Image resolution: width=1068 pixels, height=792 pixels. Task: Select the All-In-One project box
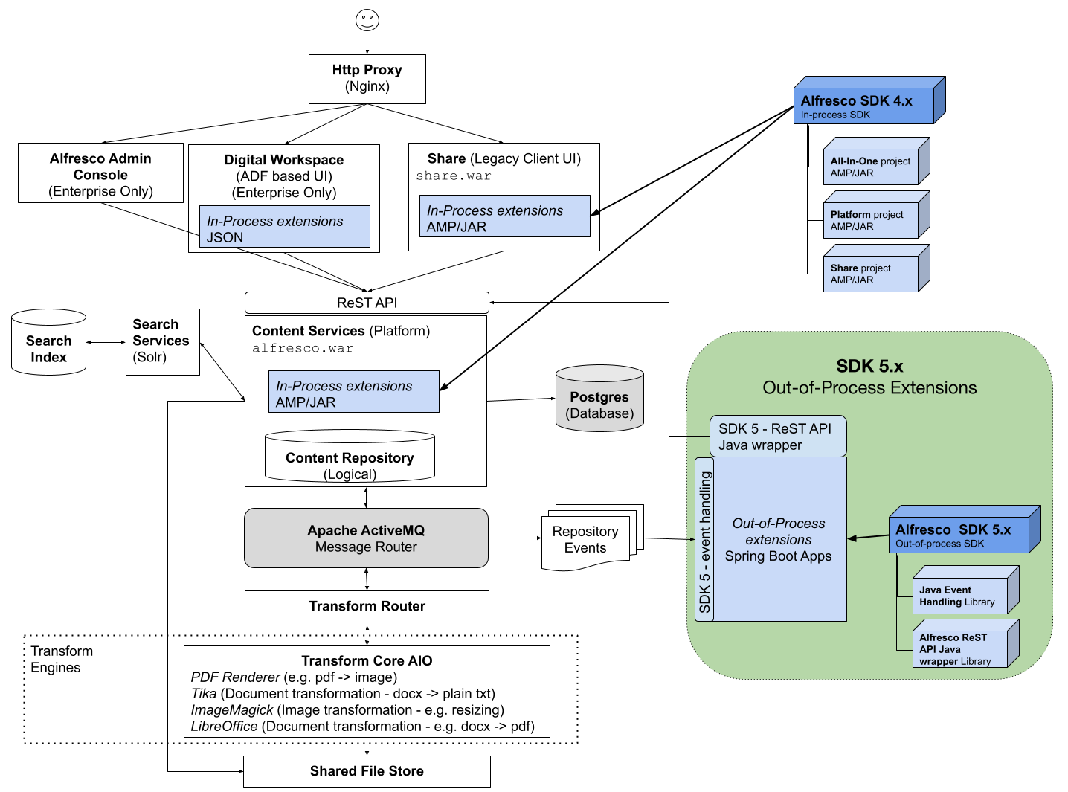coord(871,167)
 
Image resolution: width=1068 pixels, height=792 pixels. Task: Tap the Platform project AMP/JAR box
coord(871,220)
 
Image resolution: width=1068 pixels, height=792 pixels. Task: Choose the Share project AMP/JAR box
coord(871,274)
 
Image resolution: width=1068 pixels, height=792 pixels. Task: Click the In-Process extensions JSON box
coord(284,227)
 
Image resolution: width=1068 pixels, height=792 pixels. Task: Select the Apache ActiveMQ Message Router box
coord(366,538)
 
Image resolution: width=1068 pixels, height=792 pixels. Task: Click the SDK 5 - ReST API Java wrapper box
coord(778,437)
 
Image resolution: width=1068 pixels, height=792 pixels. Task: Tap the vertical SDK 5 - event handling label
coord(704,539)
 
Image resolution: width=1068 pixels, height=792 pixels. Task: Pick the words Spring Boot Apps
coord(778,556)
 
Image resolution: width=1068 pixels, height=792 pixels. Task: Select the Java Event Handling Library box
coord(960,595)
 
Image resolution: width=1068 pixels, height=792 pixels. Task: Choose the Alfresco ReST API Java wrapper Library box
coord(960,648)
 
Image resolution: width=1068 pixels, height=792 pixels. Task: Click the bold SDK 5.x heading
coord(869,366)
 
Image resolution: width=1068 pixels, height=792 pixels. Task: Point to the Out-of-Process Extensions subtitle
coord(869,387)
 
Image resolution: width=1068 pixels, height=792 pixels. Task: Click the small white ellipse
coord(49,318)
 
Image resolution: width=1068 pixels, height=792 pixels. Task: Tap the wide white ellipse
coord(350,436)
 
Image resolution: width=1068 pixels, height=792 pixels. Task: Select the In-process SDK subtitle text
coord(835,115)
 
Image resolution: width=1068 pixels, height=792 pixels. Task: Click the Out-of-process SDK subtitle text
coord(939,544)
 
